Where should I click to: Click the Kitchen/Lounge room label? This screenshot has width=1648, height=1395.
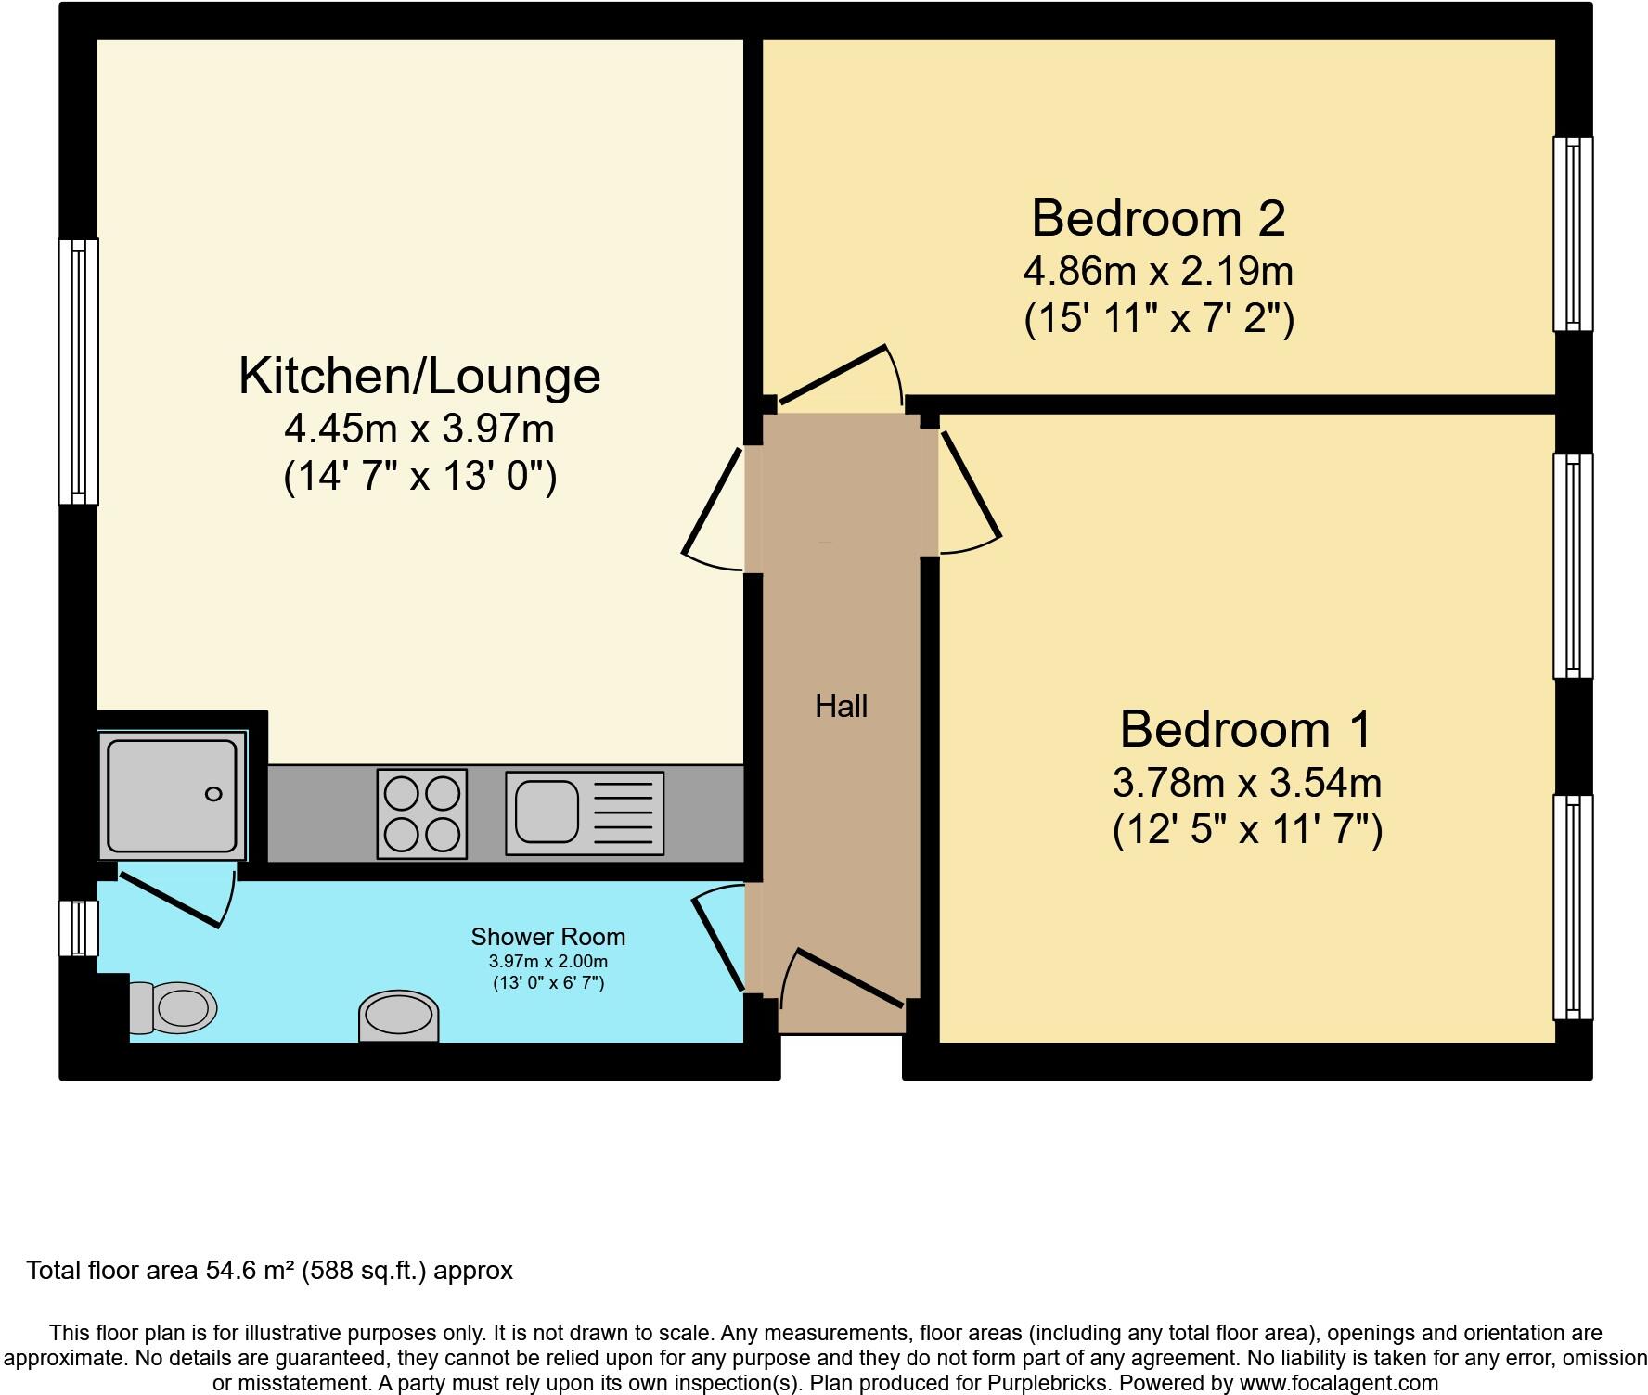click(x=419, y=377)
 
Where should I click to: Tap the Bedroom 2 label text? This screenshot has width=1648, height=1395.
click(x=1158, y=219)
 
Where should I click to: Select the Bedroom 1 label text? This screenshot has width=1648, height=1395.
click(x=1245, y=729)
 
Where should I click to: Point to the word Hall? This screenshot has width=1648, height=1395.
click(x=841, y=707)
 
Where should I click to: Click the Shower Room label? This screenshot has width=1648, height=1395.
click(x=547, y=937)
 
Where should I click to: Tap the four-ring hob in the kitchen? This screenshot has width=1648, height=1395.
click(x=422, y=814)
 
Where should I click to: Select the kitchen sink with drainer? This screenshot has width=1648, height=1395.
click(x=585, y=813)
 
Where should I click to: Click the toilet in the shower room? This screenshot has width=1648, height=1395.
click(x=174, y=1007)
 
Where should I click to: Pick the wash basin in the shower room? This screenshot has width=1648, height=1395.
click(x=399, y=1017)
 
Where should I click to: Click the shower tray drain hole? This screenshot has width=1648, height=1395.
click(x=213, y=794)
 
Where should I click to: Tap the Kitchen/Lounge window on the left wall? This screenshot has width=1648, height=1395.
click(x=79, y=372)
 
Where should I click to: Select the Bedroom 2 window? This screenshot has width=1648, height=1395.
click(x=1573, y=234)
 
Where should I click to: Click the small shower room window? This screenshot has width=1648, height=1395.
click(x=79, y=928)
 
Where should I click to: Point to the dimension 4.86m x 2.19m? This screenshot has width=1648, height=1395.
click(x=1158, y=272)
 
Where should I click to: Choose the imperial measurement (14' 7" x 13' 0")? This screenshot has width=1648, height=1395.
click(x=419, y=477)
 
